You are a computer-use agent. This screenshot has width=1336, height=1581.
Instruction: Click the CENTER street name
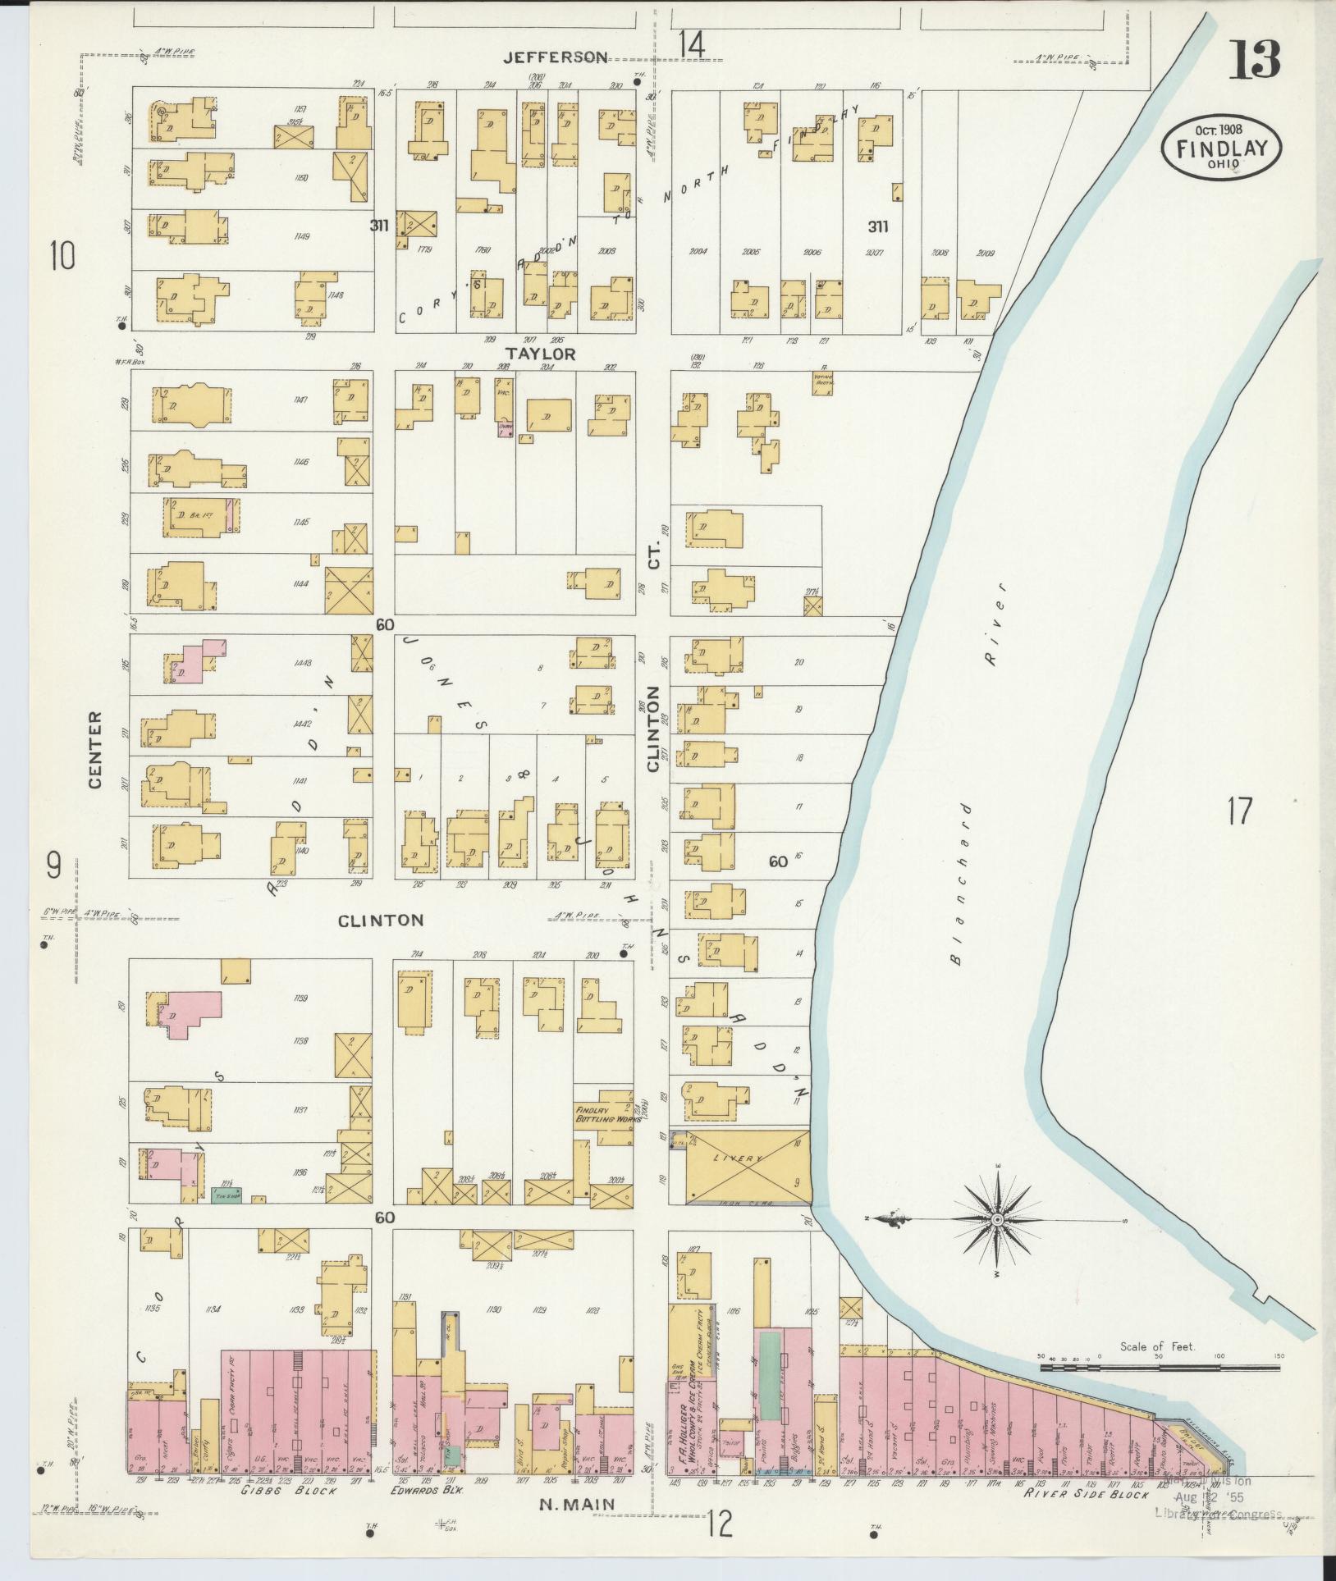point(95,750)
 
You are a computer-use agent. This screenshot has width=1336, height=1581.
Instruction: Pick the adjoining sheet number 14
point(691,45)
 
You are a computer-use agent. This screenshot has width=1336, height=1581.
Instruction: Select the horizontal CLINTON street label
point(382,920)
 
